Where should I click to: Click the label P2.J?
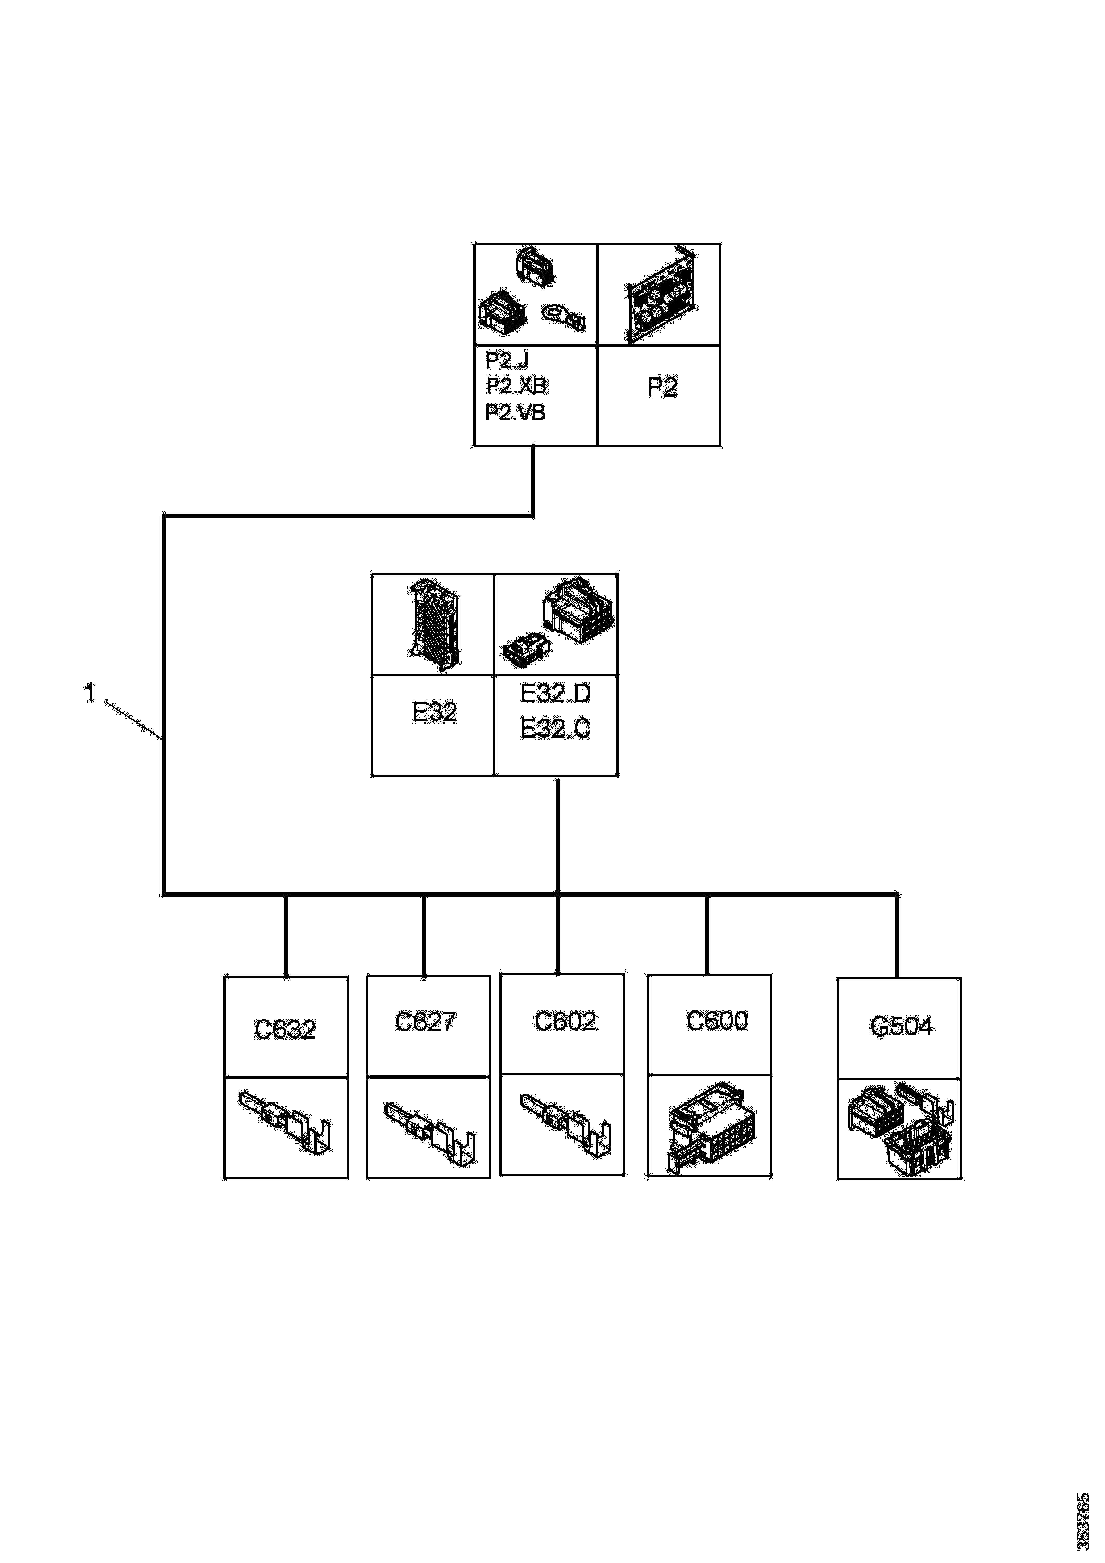coord(507,360)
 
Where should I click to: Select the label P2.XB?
coord(516,386)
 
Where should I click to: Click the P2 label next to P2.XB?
coord(662,387)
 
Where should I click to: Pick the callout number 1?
coord(90,693)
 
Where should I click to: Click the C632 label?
coord(285,1029)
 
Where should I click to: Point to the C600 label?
coord(717,1020)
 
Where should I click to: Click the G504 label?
coord(901,1026)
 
